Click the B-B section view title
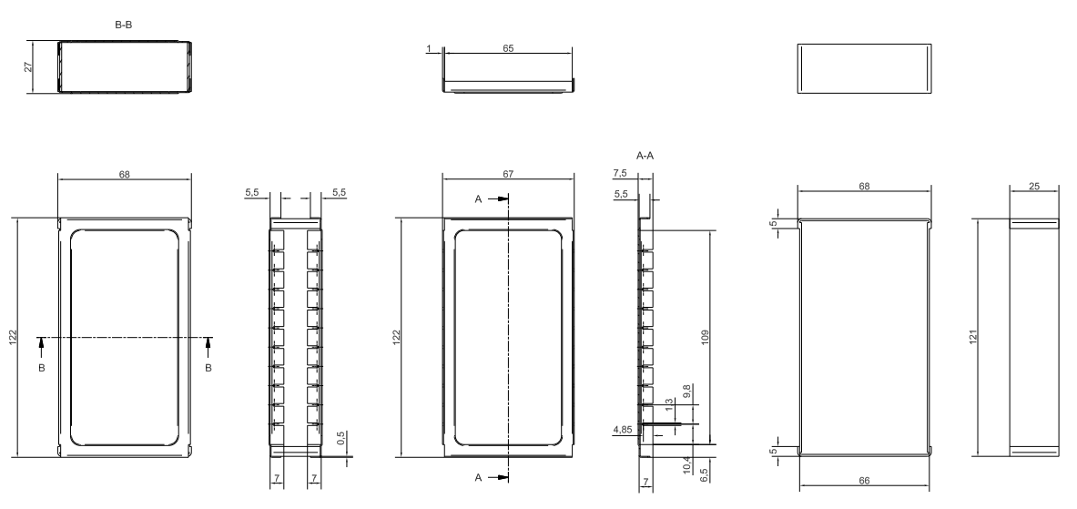(x=124, y=25)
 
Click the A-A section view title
(x=645, y=156)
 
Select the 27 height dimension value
(x=28, y=66)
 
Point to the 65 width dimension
(x=508, y=48)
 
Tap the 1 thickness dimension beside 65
(x=429, y=49)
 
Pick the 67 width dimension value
(x=508, y=175)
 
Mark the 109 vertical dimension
(x=705, y=337)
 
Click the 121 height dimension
(x=972, y=337)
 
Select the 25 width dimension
(x=1034, y=186)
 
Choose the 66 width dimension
(x=864, y=481)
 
